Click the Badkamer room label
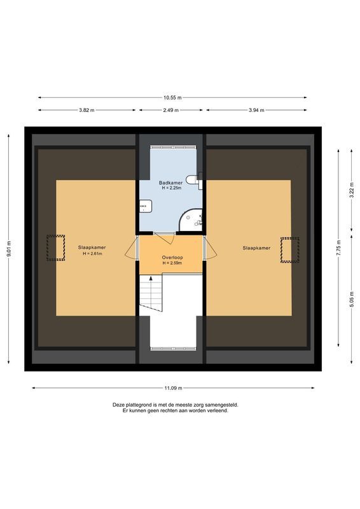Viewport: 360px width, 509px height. click(x=170, y=183)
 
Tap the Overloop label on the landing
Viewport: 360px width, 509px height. click(x=170, y=258)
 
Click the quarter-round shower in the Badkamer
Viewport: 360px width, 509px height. click(x=191, y=219)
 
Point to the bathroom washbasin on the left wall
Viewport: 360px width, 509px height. click(x=146, y=206)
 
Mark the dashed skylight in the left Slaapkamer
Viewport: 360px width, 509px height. click(x=55, y=248)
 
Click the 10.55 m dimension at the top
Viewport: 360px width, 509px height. click(x=172, y=98)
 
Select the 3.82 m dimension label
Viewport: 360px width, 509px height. click(x=87, y=110)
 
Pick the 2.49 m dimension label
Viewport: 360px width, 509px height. click(x=170, y=110)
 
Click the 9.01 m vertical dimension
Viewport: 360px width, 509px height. click(x=9, y=248)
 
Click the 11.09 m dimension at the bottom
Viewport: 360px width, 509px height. click(x=173, y=388)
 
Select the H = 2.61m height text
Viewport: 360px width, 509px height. click(x=92, y=254)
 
